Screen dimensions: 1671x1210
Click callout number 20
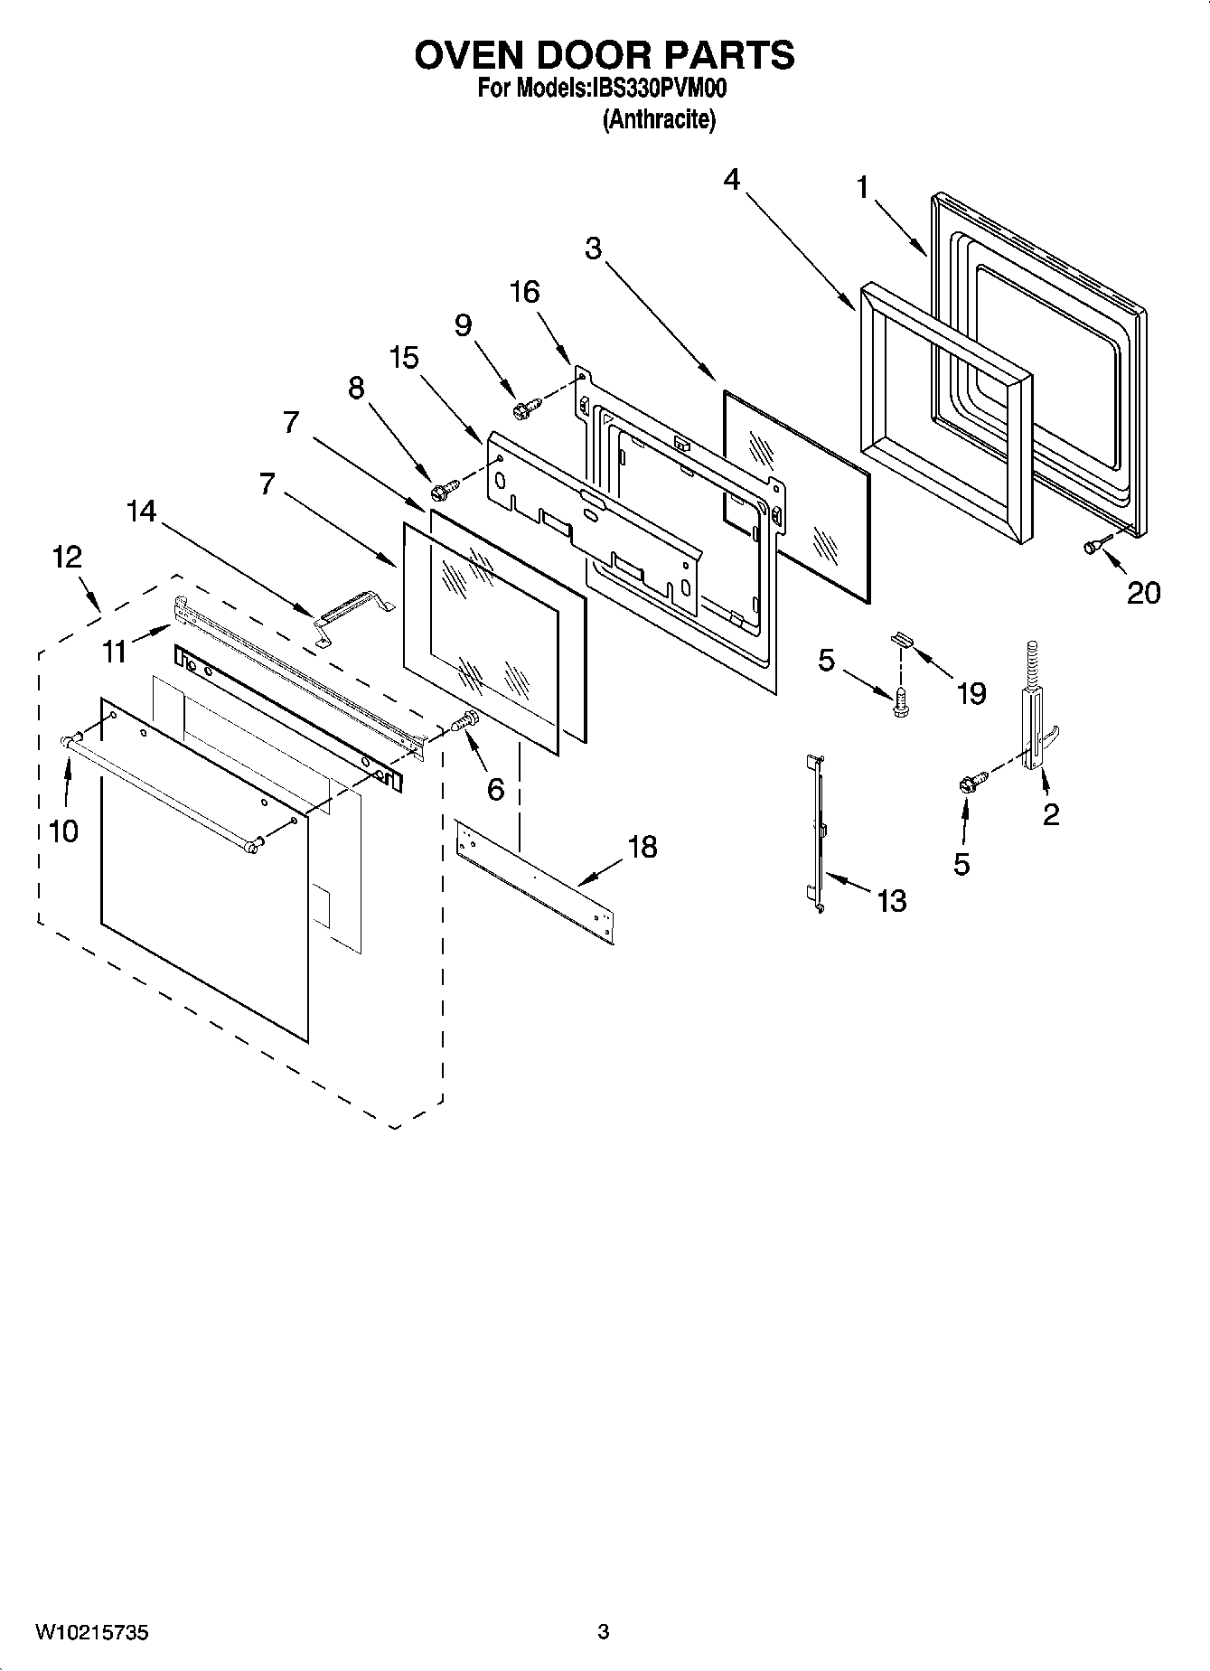click(1143, 593)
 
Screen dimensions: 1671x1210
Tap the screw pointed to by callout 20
click(1093, 546)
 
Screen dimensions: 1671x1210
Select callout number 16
click(525, 292)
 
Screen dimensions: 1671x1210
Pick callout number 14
click(141, 512)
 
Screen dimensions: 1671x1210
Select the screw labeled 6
click(465, 722)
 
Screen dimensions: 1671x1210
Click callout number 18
click(642, 848)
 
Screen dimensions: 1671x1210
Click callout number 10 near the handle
click(63, 831)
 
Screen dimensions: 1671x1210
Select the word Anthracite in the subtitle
click(659, 119)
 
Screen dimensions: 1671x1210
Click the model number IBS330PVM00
click(658, 89)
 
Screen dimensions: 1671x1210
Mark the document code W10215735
click(91, 1632)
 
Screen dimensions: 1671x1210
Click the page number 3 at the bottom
click(604, 1632)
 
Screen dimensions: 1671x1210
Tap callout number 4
click(731, 180)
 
